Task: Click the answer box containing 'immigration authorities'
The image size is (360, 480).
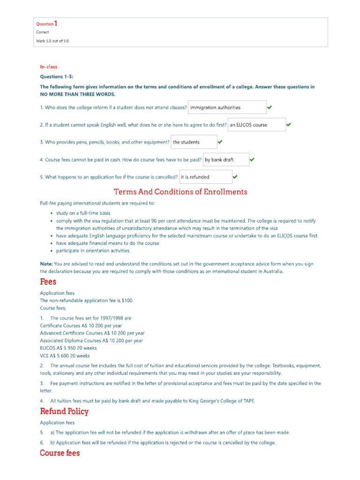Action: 227,107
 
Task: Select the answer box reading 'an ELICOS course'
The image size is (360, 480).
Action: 256,125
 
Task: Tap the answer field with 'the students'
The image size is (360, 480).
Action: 194,142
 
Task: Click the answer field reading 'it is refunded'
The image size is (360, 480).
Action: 205,177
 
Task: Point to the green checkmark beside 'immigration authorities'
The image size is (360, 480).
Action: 270,107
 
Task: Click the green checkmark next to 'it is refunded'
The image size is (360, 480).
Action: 235,177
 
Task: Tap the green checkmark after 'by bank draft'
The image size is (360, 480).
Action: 252,160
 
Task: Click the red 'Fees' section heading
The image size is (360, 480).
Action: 48,282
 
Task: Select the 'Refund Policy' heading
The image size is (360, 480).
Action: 64,412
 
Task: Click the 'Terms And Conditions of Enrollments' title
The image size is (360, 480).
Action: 180,192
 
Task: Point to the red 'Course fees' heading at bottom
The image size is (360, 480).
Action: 60,453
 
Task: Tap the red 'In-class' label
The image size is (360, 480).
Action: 48,67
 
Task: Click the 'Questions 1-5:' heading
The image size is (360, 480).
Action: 57,76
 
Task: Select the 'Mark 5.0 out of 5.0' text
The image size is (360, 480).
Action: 53,41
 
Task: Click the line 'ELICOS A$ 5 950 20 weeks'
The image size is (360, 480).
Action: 68,348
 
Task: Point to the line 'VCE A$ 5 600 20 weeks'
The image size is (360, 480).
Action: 65,356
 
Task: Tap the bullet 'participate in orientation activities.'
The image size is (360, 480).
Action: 93,251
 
